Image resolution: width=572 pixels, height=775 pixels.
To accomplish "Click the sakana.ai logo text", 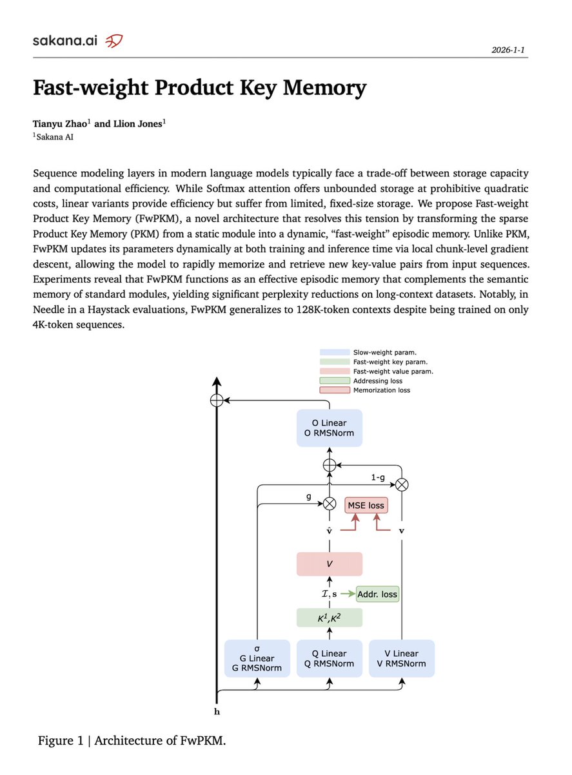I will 64,41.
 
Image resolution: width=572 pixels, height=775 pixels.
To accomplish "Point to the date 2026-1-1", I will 509,49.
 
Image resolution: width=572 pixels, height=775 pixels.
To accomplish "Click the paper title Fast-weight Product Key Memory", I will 199,88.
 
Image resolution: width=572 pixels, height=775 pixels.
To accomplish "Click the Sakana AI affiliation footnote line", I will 55,136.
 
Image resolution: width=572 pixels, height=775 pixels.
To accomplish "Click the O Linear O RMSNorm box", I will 329,428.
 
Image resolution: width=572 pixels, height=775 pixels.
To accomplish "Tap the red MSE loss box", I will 366,505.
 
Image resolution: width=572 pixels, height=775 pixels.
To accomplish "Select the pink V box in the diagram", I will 329,564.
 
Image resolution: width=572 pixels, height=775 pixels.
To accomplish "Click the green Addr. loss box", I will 377,594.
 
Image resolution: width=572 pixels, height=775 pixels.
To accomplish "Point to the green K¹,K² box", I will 329,617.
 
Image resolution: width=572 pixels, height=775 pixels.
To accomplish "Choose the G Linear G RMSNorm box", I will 257,658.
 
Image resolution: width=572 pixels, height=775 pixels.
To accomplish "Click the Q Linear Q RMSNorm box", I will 329,658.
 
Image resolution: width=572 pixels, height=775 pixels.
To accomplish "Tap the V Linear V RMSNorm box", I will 401,658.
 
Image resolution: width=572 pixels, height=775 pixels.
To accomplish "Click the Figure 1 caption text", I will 132,740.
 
